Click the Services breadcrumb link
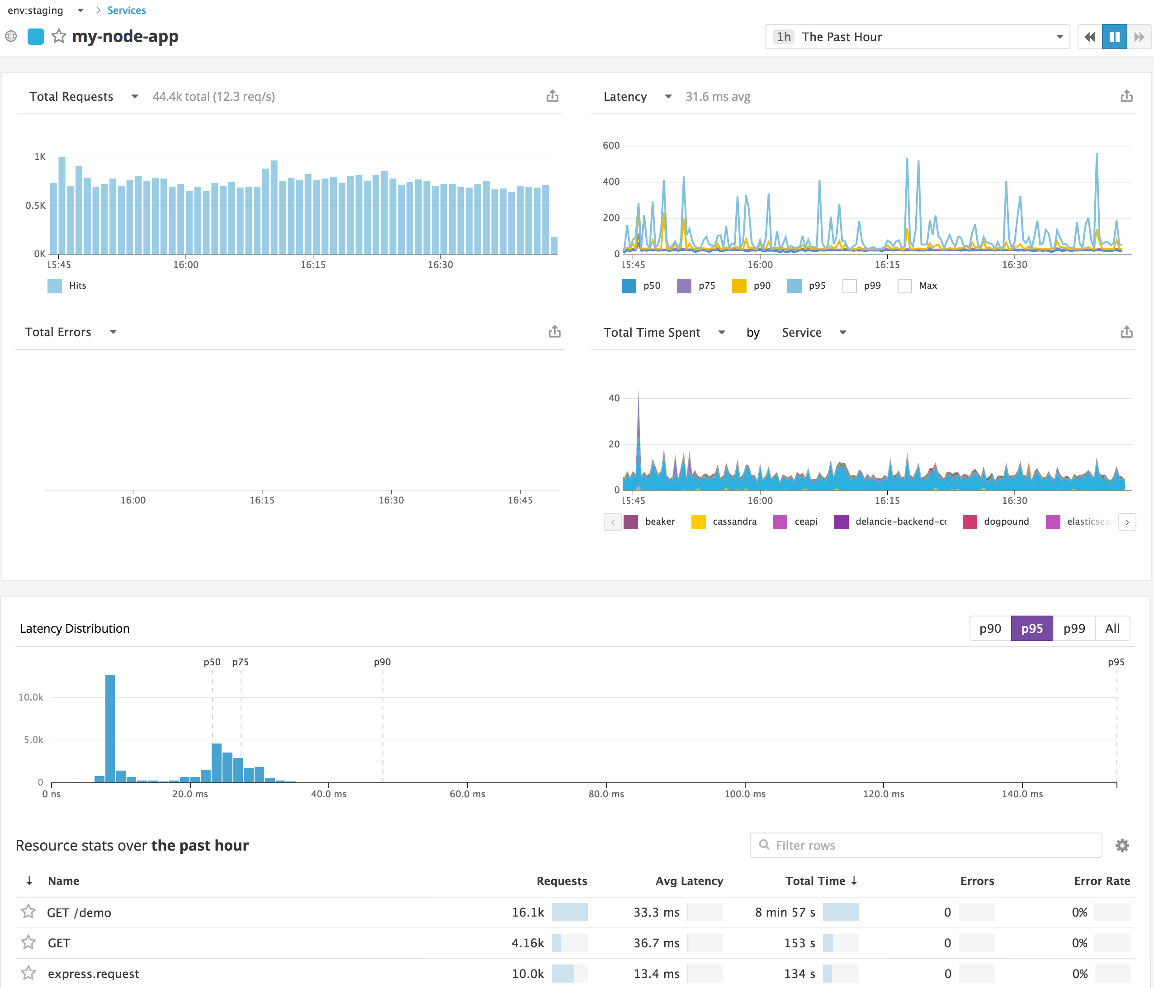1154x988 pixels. point(127,10)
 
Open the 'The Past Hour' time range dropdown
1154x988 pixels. point(917,37)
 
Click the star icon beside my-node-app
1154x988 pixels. point(58,37)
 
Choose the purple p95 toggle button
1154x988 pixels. point(1031,628)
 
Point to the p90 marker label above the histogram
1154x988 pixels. point(382,662)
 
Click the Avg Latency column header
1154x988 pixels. point(689,880)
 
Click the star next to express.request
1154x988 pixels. point(28,973)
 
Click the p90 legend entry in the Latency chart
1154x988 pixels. point(752,286)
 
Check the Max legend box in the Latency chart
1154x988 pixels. point(904,286)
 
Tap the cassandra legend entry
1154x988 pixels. point(724,522)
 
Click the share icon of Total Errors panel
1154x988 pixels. point(554,332)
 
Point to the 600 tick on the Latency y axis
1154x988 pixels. point(611,145)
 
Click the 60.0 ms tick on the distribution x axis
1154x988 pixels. point(467,794)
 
